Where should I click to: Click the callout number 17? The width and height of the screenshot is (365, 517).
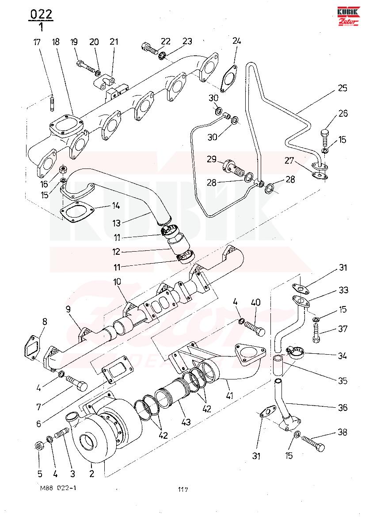(x=37, y=42)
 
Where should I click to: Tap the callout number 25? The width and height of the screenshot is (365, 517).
(x=342, y=88)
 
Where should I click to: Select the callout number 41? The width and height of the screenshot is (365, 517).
(x=230, y=394)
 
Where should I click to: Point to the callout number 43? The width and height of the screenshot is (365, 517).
(x=186, y=421)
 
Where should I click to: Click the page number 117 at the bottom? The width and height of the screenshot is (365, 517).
(x=183, y=490)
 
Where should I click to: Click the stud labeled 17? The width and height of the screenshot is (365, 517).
(x=53, y=103)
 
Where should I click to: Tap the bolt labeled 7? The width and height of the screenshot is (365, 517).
(x=77, y=383)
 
